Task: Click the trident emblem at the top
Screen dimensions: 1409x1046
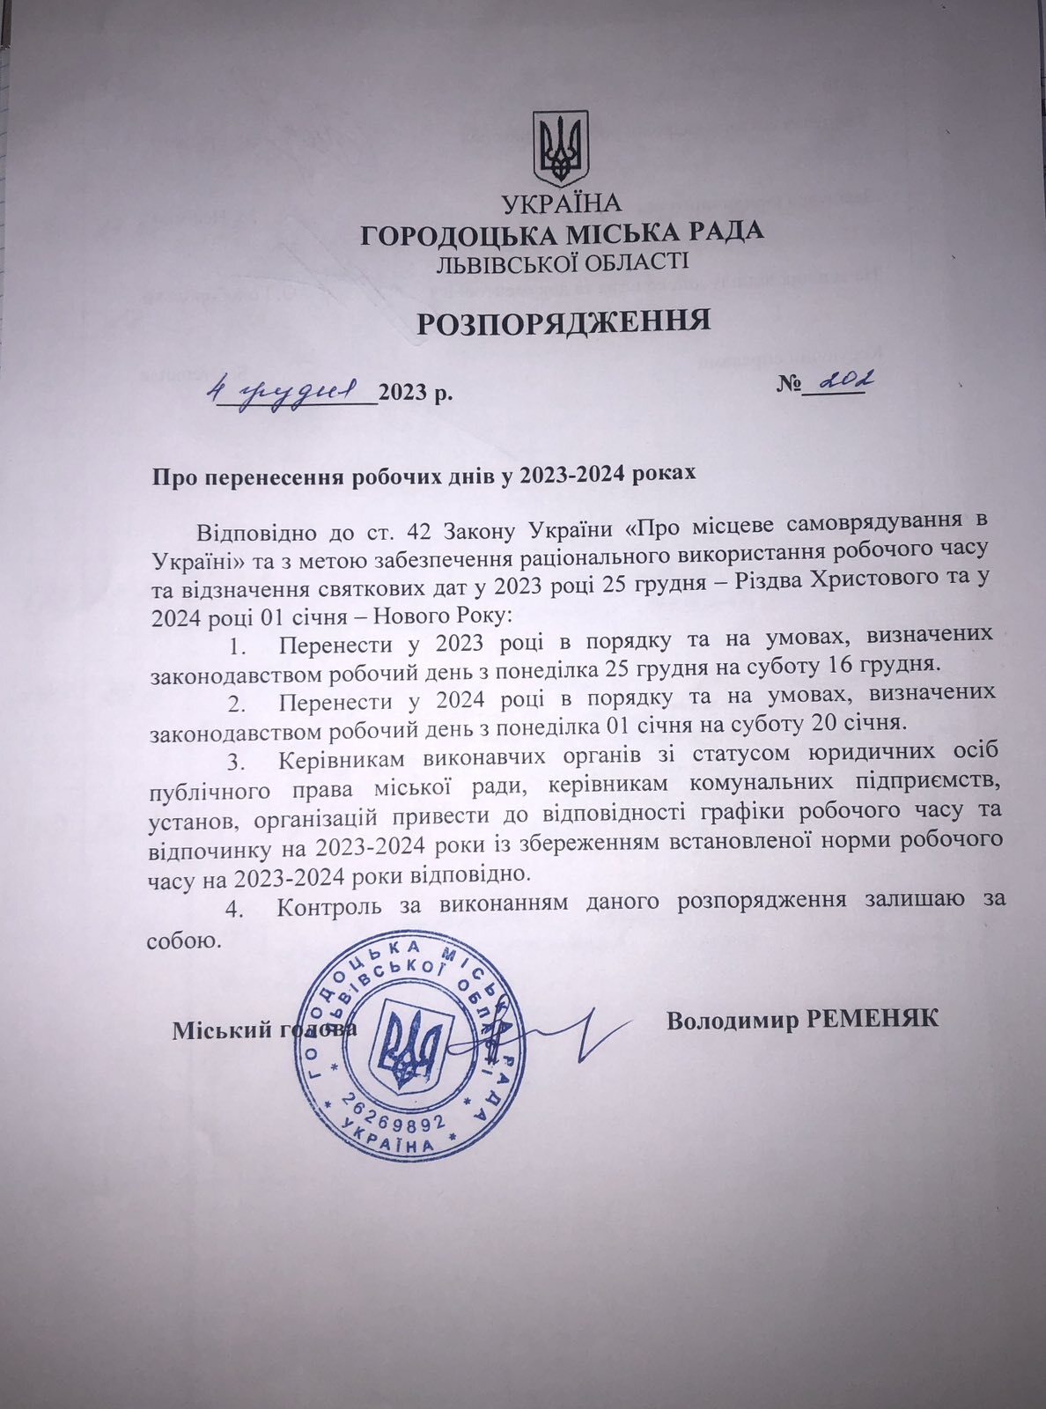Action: coord(562,147)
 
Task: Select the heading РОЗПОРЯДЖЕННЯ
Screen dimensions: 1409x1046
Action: coord(563,321)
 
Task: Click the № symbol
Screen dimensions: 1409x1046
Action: coord(790,387)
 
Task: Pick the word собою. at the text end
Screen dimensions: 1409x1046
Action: coord(182,940)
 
